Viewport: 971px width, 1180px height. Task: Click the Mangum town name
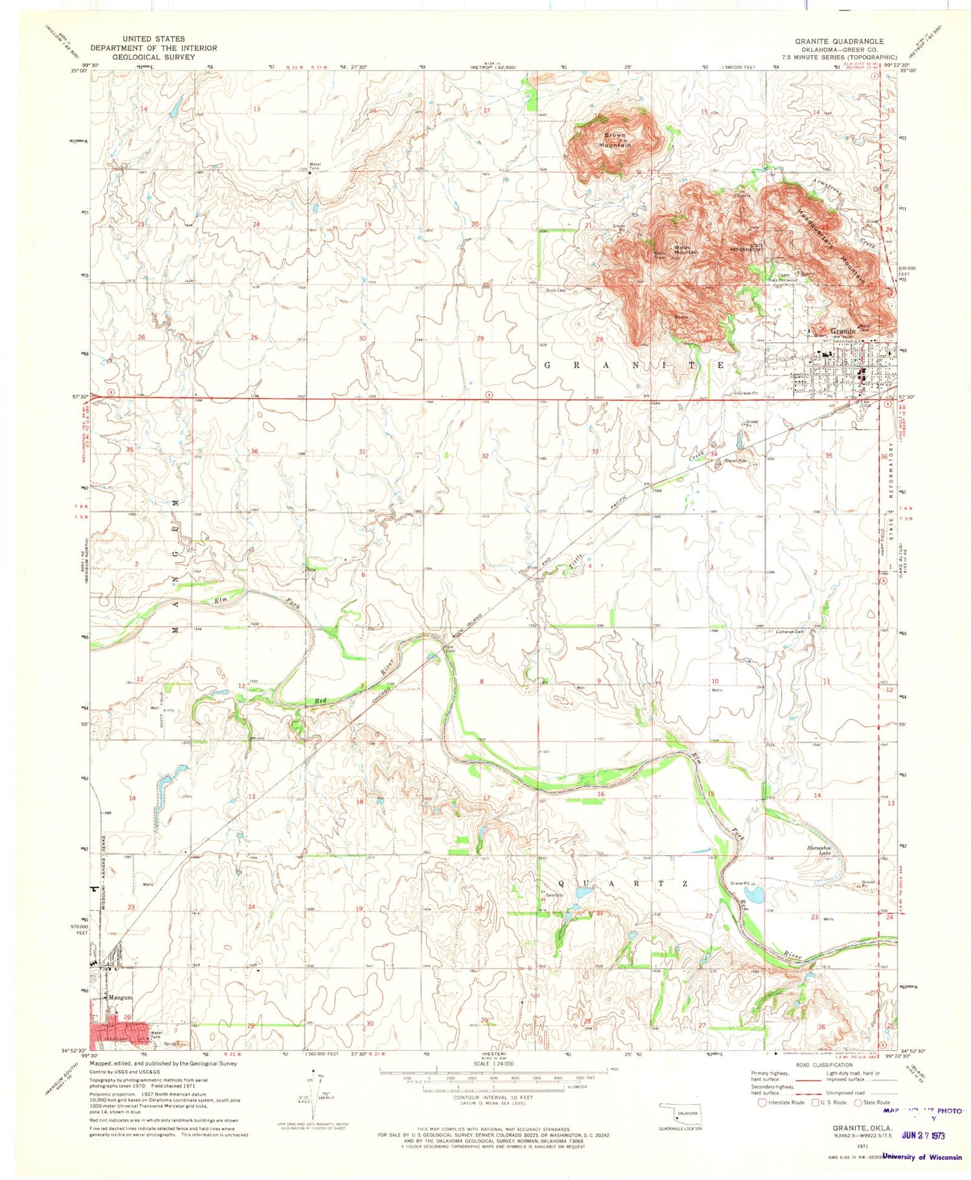tap(120, 997)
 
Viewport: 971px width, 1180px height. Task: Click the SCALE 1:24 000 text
tap(494, 1063)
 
